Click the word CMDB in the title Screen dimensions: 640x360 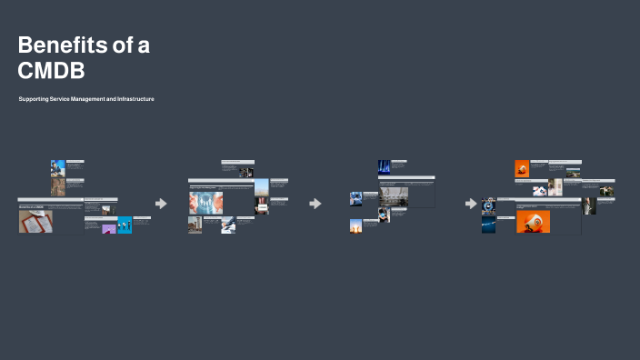tap(51, 71)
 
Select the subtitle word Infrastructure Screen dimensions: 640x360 tap(134, 98)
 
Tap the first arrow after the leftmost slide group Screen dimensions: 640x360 tap(161, 204)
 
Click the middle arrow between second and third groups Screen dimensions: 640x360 tap(315, 204)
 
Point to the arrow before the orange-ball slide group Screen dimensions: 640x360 tap(471, 204)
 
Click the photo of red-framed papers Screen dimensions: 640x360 tap(36, 222)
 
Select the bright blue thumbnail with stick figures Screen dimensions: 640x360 tap(125, 225)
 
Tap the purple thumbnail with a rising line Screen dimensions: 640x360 tap(109, 228)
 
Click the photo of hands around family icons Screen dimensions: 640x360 tap(205, 203)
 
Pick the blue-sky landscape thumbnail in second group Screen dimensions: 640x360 tap(261, 187)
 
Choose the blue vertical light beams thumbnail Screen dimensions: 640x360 tap(385, 167)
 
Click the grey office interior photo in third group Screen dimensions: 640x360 tap(395, 196)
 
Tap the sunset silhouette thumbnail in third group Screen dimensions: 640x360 tap(355, 226)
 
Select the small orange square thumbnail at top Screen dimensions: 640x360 tap(522, 168)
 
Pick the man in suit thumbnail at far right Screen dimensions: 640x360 tap(589, 205)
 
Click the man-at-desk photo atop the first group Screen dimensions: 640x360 tap(58, 167)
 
